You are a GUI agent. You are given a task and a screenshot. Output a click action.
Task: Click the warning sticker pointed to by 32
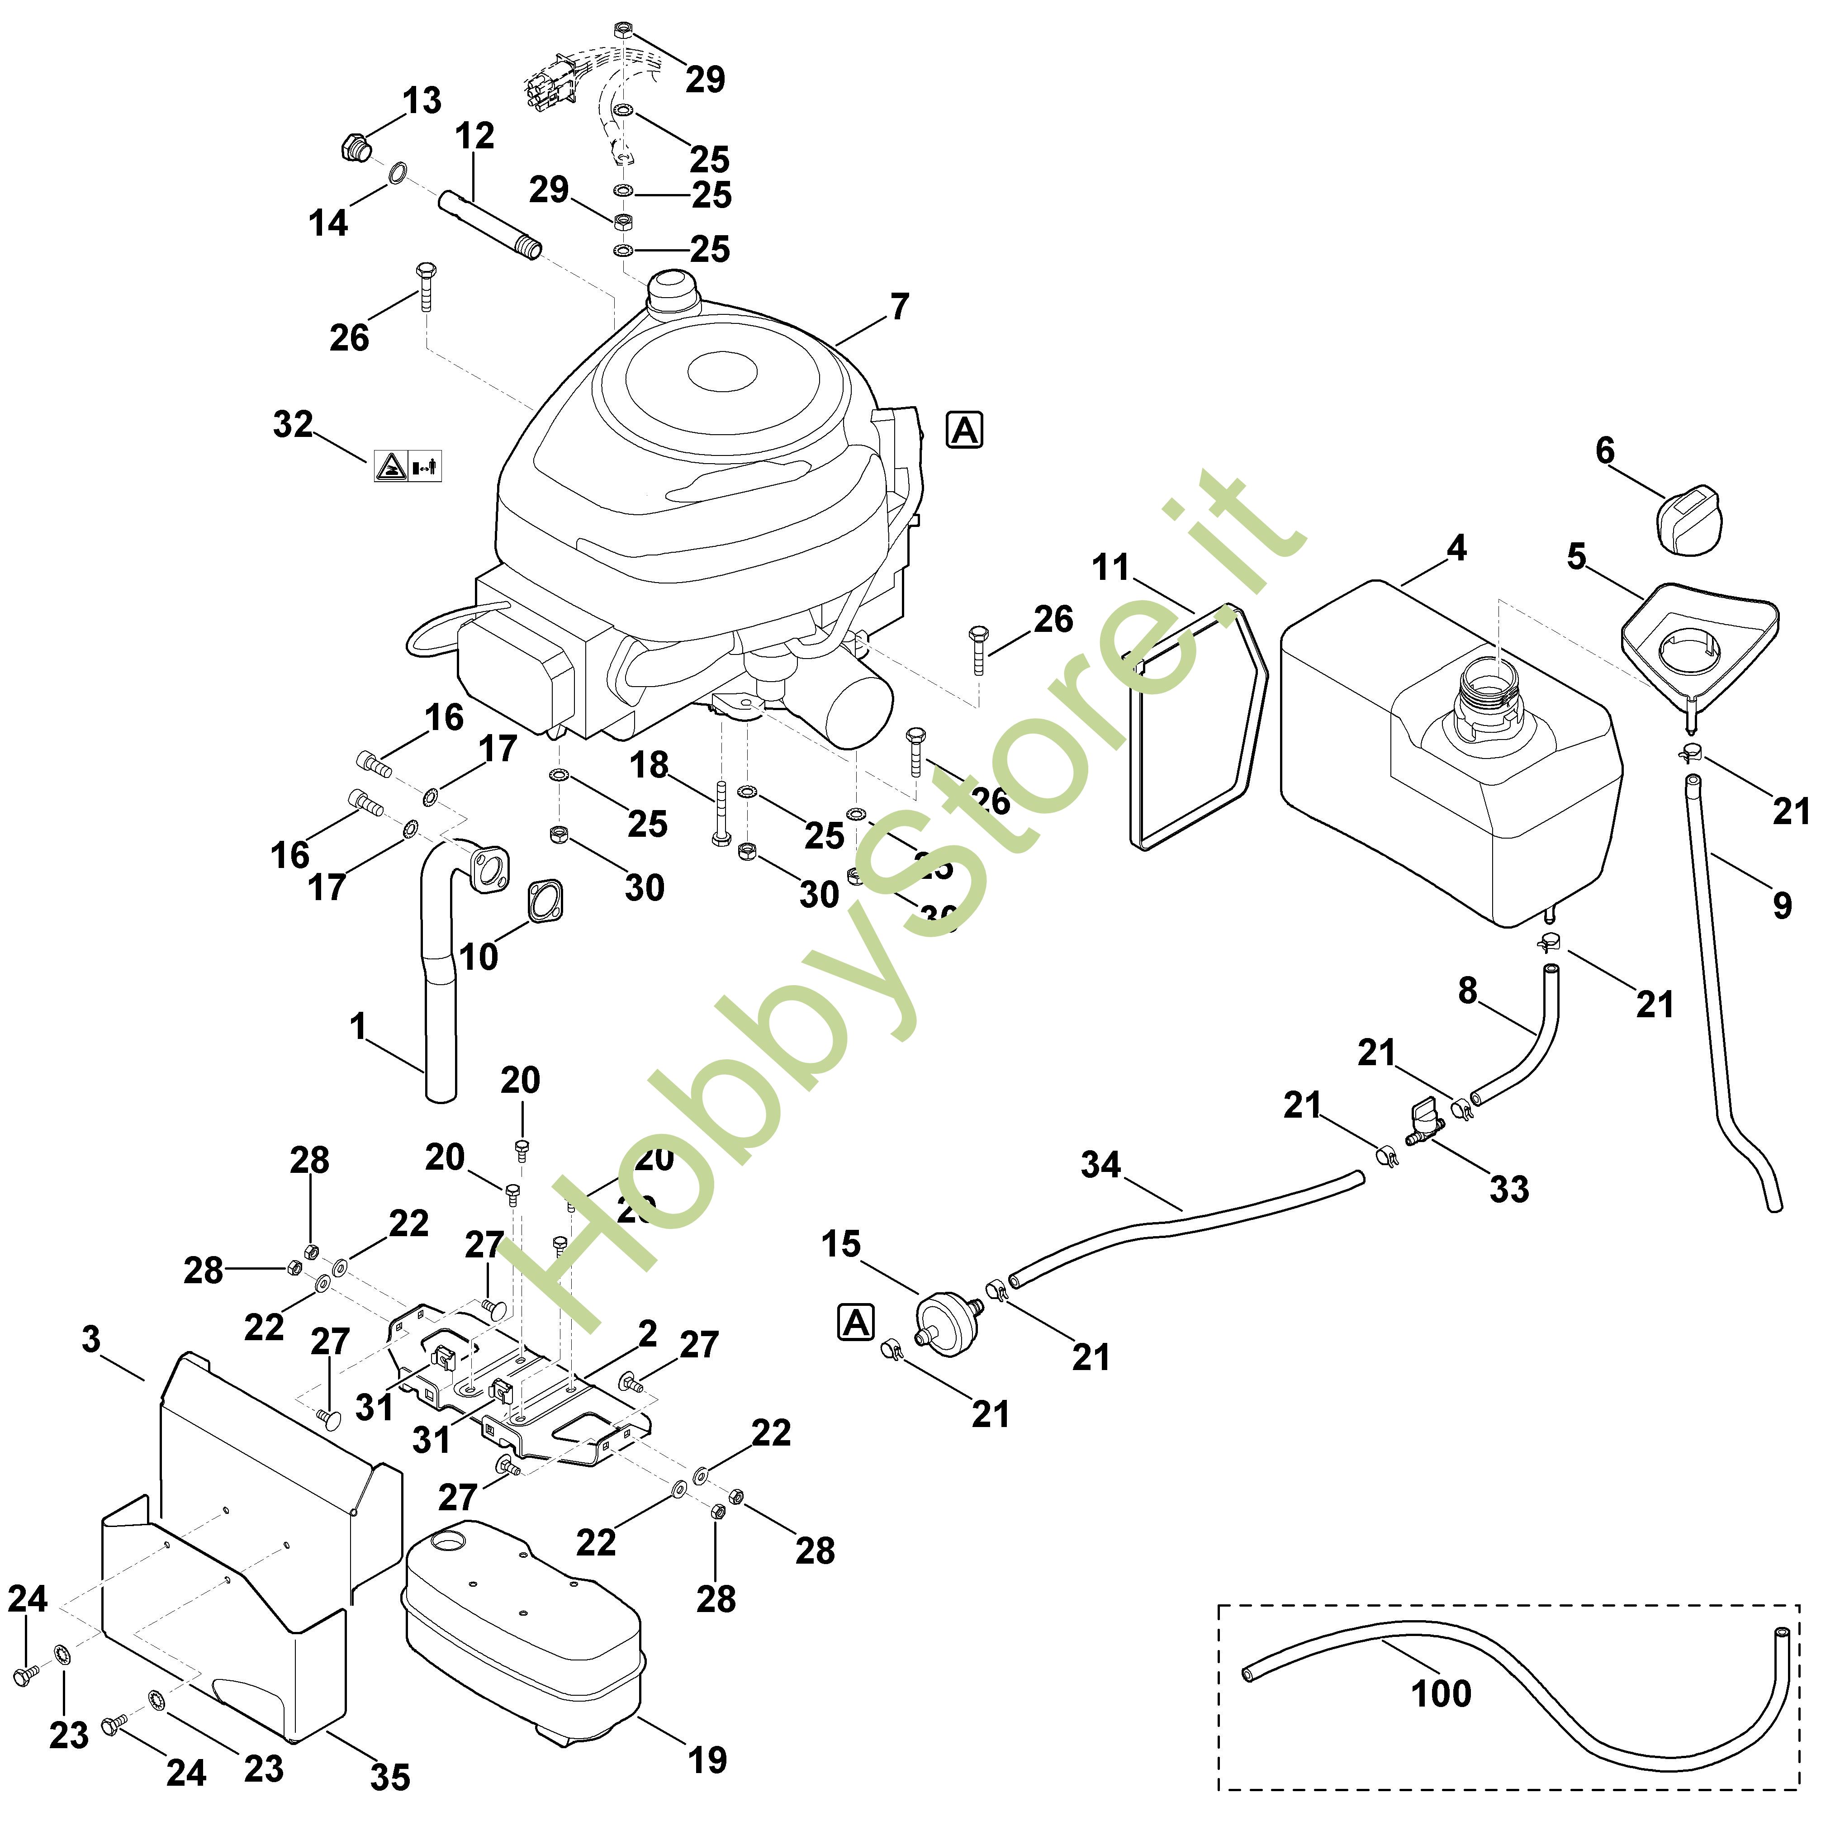[x=407, y=465]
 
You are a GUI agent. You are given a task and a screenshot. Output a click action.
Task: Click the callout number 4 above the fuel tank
[x=1456, y=548]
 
